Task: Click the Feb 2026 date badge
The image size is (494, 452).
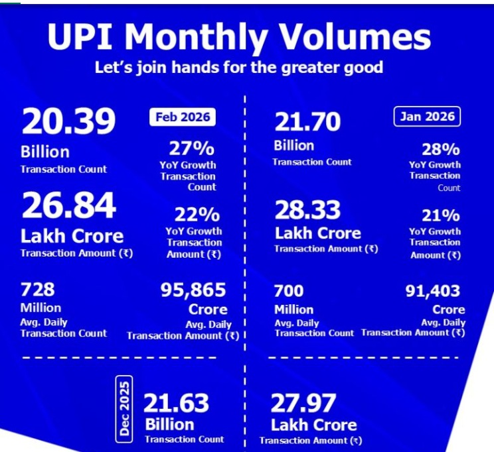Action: (182, 117)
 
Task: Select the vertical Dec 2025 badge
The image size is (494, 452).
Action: (124, 407)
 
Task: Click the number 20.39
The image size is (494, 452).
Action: (68, 122)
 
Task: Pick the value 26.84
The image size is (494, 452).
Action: (68, 206)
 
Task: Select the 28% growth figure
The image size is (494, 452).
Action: (441, 149)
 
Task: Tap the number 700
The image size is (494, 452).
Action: (289, 290)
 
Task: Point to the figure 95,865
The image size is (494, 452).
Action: (193, 290)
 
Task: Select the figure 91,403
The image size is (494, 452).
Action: (432, 291)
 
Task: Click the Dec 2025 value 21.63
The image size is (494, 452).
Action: (176, 403)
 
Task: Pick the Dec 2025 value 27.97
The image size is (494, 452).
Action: (303, 403)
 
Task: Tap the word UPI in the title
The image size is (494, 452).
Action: (81, 38)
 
